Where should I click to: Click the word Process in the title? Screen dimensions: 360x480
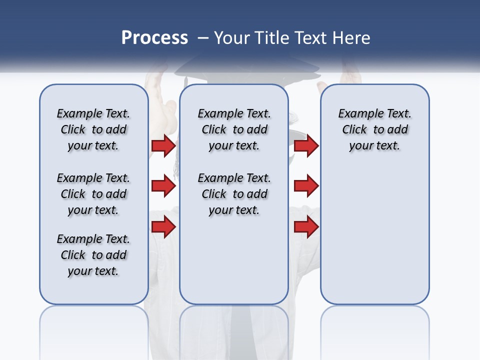pyautogui.click(x=154, y=38)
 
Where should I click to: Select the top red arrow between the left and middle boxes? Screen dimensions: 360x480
pyautogui.click(x=163, y=146)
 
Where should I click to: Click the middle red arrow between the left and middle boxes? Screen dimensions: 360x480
pyautogui.click(x=163, y=186)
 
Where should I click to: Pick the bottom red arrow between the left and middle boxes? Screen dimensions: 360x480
pyautogui.click(x=163, y=227)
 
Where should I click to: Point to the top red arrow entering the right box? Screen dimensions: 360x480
pyautogui.click(x=306, y=146)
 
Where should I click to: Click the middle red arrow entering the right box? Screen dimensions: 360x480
pyautogui.click(x=306, y=186)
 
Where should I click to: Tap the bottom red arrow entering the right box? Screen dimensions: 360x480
pyautogui.click(x=306, y=227)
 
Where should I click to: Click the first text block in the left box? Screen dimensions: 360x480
pyautogui.click(x=93, y=129)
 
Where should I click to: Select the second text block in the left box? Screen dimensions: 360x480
pyautogui.click(x=93, y=194)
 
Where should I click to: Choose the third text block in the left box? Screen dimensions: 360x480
pyautogui.click(x=93, y=255)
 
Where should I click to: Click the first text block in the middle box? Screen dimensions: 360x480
pyautogui.click(x=234, y=129)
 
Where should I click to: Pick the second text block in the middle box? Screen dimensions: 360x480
pyautogui.click(x=234, y=194)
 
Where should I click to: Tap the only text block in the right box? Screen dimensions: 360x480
pyautogui.click(x=374, y=129)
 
